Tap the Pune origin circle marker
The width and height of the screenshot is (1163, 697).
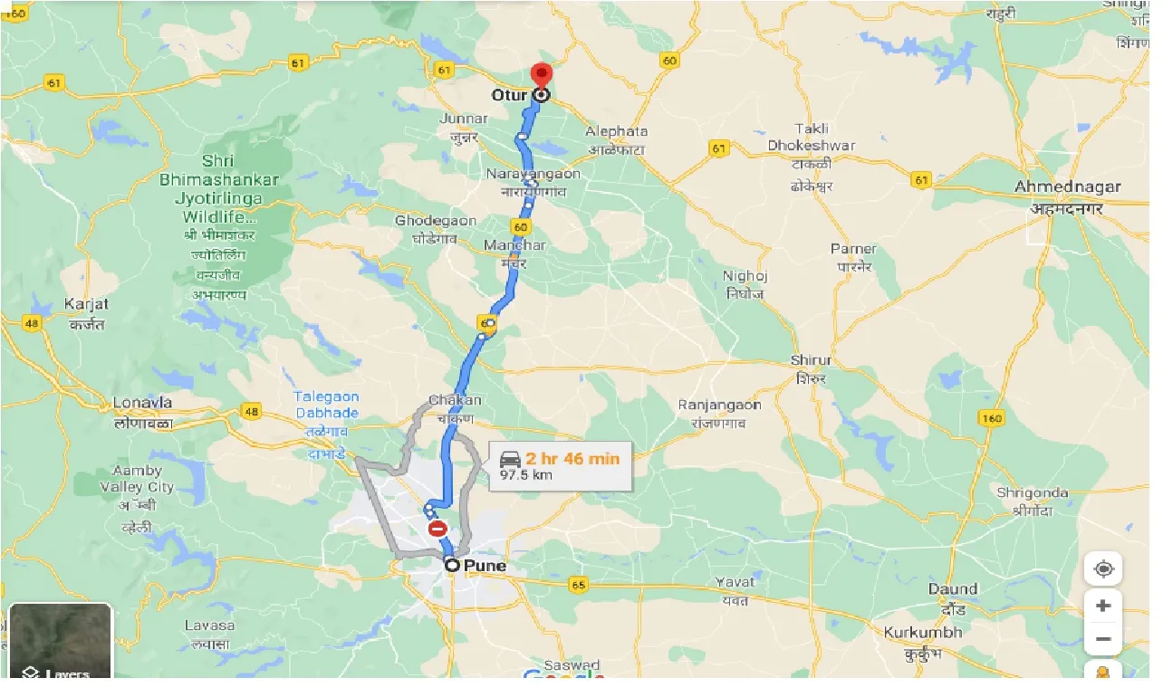pyautogui.click(x=451, y=566)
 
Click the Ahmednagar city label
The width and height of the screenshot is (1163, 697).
pyautogui.click(x=1067, y=187)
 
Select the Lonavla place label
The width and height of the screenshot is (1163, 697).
pyautogui.click(x=142, y=403)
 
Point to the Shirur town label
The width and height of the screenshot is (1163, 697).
pyautogui.click(x=810, y=360)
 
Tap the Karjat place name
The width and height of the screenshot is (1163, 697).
pyautogui.click(x=86, y=304)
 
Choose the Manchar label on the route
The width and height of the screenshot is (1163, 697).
pyautogui.click(x=514, y=245)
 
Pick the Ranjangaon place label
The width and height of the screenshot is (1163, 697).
pyautogui.click(x=719, y=405)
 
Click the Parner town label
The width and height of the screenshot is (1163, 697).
pyautogui.click(x=853, y=249)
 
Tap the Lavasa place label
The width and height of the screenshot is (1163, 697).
pyautogui.click(x=209, y=625)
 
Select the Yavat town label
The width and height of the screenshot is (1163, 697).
pyautogui.click(x=734, y=582)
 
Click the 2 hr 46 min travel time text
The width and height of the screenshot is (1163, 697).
pyautogui.click(x=572, y=458)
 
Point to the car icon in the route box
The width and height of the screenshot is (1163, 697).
pyautogui.click(x=509, y=459)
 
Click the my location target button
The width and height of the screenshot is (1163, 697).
pyautogui.click(x=1103, y=569)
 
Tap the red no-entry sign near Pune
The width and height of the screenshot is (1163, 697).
pyautogui.click(x=437, y=529)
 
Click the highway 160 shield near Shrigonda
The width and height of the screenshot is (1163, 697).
pyautogui.click(x=992, y=417)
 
